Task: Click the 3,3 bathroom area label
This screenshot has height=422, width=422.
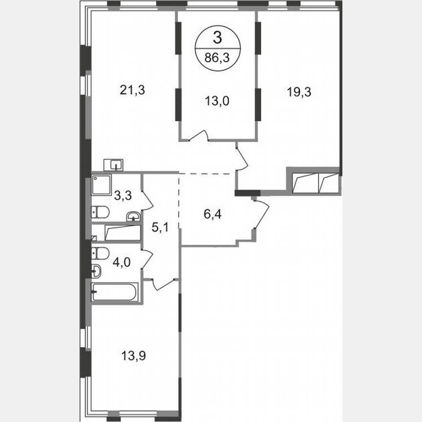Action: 122,196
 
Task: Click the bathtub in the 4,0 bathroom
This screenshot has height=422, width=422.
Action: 115,292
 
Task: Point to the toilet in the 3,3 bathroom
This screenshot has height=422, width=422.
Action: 100,211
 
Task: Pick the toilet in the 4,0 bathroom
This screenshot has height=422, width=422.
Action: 100,253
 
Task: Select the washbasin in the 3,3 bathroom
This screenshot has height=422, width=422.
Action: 133,216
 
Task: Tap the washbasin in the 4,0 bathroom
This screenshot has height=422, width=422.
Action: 97,270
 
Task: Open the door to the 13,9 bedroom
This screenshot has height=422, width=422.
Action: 163,283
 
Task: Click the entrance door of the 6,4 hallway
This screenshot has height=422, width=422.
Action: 261,215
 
